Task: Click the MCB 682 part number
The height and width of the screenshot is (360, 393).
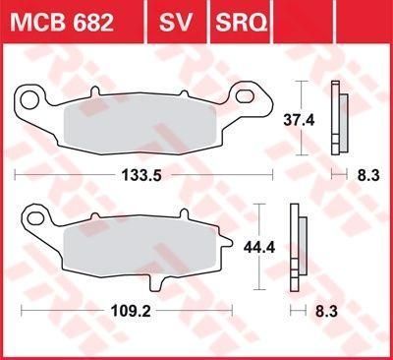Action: (x=62, y=23)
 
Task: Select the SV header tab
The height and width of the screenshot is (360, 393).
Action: (x=175, y=23)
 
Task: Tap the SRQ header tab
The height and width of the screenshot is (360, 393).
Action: (x=241, y=23)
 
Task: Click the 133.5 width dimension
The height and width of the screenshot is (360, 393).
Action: (x=141, y=175)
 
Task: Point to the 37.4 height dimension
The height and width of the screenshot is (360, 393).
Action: (x=299, y=120)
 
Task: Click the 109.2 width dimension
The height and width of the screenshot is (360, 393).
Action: (x=131, y=311)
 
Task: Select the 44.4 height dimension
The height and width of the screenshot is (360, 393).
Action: (x=259, y=247)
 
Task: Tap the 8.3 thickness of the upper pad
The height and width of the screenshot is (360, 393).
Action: (x=368, y=175)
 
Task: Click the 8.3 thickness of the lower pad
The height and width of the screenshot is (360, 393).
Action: (x=326, y=311)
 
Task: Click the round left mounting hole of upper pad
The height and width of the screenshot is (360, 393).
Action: (x=28, y=100)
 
